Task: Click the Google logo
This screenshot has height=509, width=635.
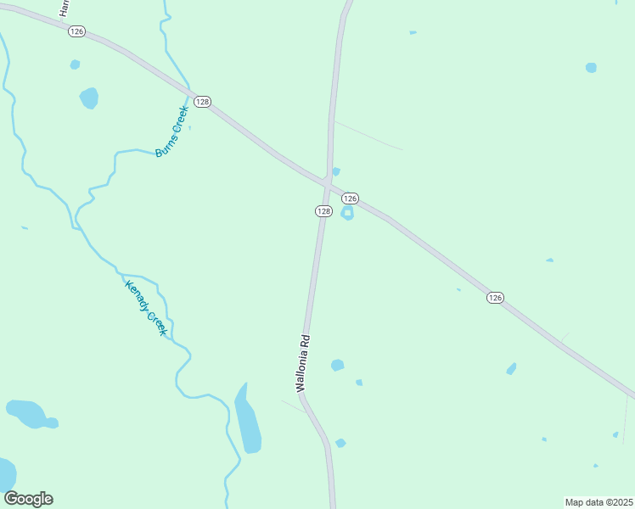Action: click(x=28, y=499)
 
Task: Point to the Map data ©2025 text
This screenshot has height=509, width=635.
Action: click(x=599, y=502)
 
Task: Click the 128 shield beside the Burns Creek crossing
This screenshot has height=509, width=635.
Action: click(x=202, y=102)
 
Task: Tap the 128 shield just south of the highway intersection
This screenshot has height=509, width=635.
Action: click(x=323, y=210)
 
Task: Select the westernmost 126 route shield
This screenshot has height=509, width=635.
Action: click(x=77, y=31)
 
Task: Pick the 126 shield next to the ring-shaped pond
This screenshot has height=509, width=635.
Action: click(x=350, y=198)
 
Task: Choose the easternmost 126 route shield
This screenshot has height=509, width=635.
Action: click(x=496, y=297)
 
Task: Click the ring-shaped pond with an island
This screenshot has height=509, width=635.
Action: click(x=347, y=213)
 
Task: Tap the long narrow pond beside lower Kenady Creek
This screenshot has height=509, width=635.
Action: click(x=248, y=422)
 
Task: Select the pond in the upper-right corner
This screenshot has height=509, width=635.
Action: click(x=591, y=68)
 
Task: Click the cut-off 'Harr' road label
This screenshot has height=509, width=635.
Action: click(x=63, y=8)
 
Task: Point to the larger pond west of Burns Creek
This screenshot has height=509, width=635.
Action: click(x=88, y=98)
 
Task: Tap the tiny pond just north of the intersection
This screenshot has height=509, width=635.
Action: click(x=336, y=171)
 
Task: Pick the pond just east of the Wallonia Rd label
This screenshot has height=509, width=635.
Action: click(x=337, y=366)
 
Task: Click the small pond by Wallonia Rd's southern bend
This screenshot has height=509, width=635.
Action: click(x=340, y=443)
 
